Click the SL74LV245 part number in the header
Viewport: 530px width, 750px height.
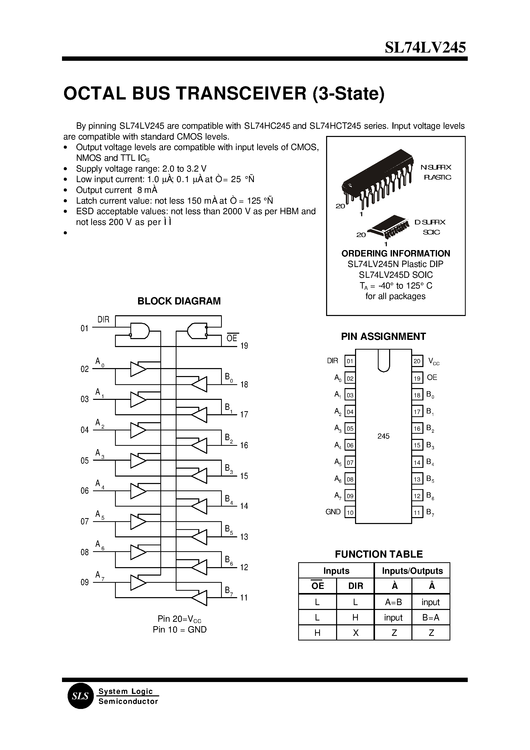click(425, 48)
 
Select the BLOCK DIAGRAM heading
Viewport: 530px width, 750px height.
click(179, 301)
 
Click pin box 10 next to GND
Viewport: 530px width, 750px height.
click(350, 512)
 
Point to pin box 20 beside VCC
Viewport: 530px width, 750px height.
click(417, 361)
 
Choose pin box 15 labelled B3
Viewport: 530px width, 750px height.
click(417, 445)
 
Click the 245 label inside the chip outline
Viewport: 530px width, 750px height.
click(383, 436)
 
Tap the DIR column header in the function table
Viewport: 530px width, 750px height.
click(355, 586)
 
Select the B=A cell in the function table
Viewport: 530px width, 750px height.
click(431, 617)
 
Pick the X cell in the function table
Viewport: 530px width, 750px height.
click(355, 633)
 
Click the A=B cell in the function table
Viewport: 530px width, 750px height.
click(393, 602)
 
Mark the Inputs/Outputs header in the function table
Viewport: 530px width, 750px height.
click(412, 571)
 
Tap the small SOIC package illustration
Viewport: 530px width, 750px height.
click(388, 227)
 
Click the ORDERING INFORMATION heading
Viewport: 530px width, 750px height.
click(396, 254)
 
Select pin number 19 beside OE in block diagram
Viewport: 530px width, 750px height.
click(244, 346)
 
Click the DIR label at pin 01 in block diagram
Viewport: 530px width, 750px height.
click(103, 320)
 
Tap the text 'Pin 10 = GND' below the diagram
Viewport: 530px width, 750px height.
click(180, 630)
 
